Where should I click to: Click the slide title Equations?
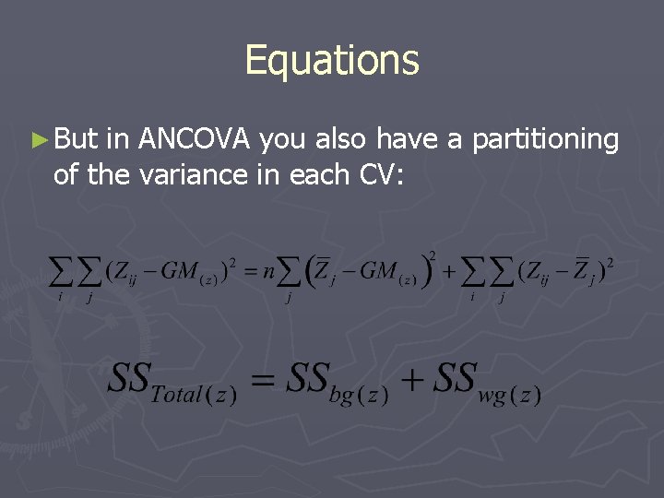pos(332,60)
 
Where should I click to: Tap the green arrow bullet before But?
pos(38,141)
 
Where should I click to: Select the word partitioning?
pos(545,140)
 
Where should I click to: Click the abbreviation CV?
pos(379,174)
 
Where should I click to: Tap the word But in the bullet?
pos(76,139)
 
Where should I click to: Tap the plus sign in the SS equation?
pos(411,379)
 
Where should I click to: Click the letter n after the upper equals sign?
pos(267,272)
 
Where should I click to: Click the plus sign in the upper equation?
pos(448,271)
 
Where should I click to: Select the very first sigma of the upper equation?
pos(61,272)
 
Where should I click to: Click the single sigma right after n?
pos(290,272)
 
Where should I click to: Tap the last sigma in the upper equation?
pos(502,272)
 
